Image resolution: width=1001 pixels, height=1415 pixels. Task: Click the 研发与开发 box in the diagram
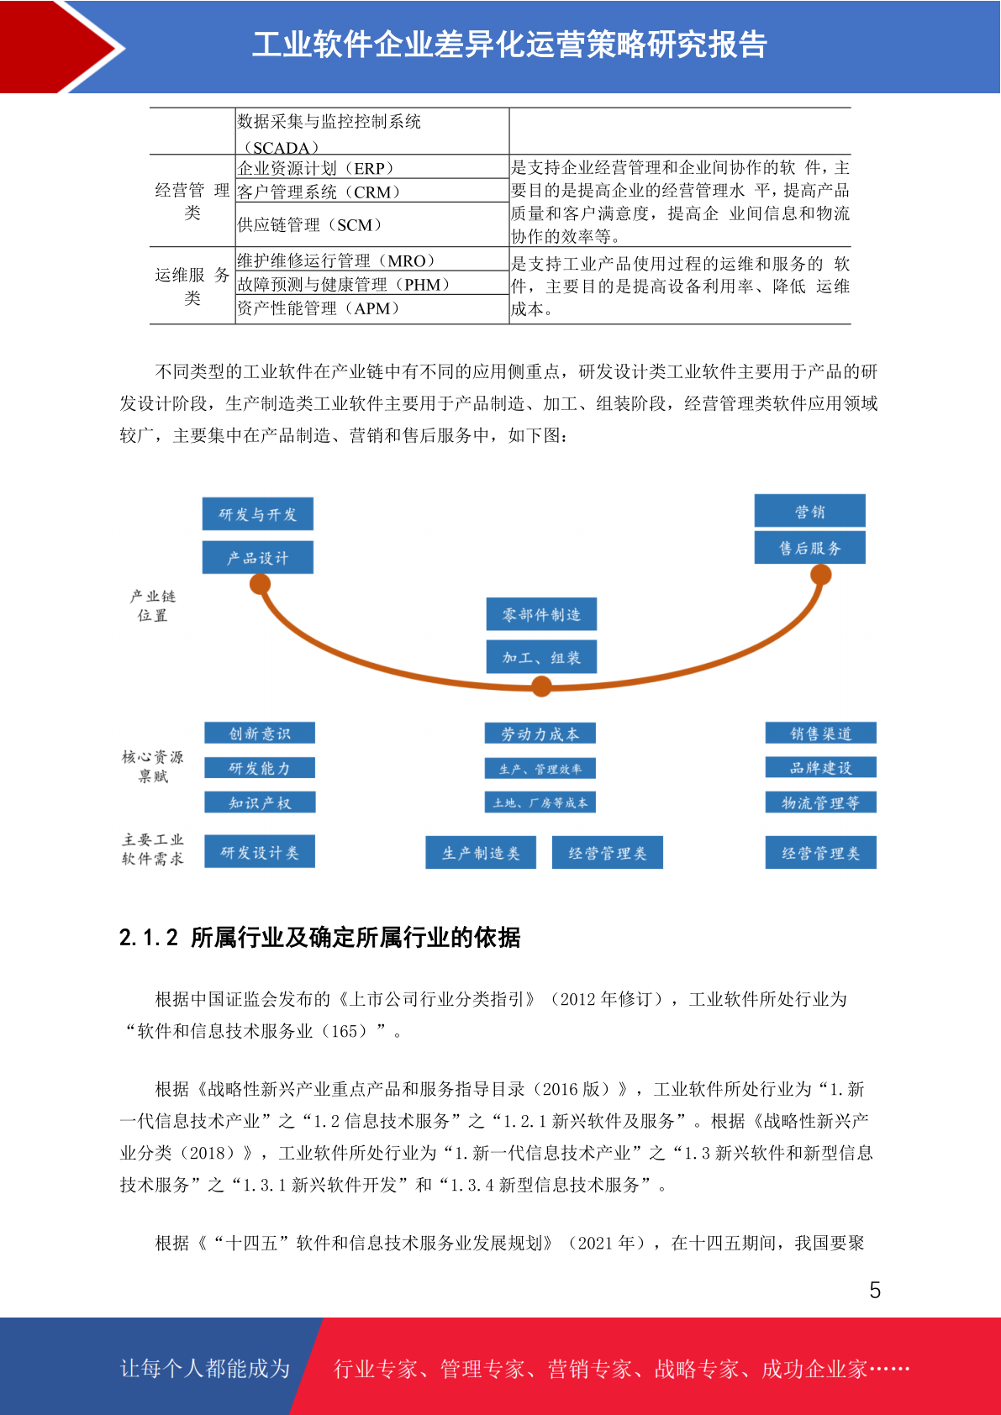(257, 513)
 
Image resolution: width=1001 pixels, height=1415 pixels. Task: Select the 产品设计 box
(257, 557)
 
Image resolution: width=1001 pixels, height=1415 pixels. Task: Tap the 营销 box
(809, 510)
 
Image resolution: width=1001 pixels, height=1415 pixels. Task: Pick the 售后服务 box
(809, 547)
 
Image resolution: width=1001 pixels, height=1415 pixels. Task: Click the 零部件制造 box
(541, 614)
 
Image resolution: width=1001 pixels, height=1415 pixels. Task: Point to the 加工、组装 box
(541, 657)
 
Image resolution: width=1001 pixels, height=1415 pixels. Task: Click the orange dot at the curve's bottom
(541, 686)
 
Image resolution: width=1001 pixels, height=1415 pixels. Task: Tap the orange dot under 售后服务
(821, 575)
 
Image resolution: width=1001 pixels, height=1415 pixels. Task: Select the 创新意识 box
(260, 733)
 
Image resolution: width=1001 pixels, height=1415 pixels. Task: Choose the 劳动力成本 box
(540, 734)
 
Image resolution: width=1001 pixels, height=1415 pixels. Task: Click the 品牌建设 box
(821, 767)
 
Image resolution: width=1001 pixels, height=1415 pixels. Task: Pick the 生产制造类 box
(481, 853)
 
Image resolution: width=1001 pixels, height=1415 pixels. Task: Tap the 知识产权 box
(260, 802)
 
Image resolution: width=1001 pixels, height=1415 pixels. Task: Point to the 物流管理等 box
(821, 802)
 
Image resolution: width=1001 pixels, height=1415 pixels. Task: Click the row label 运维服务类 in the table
(192, 286)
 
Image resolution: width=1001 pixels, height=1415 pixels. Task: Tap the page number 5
(875, 1290)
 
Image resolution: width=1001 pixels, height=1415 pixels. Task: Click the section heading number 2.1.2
(149, 938)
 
